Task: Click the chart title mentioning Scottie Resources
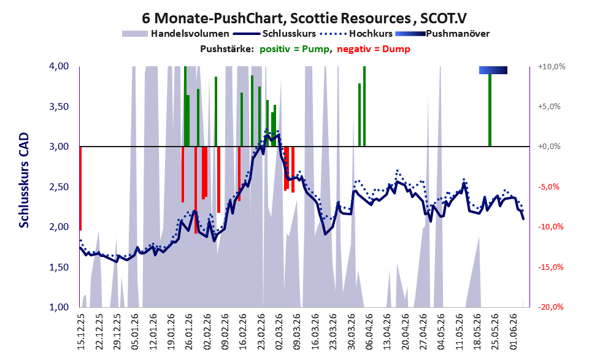[x=304, y=18]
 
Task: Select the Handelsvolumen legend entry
[x=175, y=34]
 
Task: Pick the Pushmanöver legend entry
[x=442, y=34]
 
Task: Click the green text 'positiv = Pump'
[x=294, y=49]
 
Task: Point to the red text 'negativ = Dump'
[x=374, y=49]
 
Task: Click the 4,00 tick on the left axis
[x=59, y=66]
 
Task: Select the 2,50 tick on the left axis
[x=59, y=187]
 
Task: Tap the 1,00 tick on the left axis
[x=59, y=307]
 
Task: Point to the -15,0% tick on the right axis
[x=550, y=267]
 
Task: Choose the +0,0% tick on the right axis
[x=549, y=147]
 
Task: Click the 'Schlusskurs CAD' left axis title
[x=24, y=180]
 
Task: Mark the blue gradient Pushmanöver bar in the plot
[x=493, y=70]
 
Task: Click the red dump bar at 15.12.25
[x=80, y=188]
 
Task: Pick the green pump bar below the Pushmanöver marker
[x=490, y=110]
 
